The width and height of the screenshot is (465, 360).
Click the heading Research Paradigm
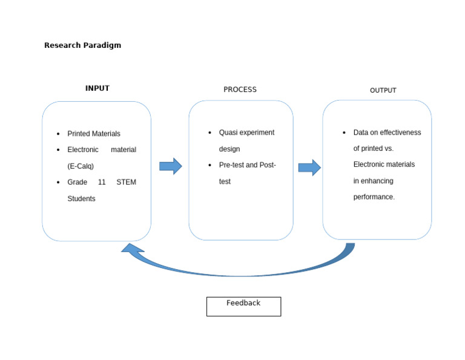click(82, 45)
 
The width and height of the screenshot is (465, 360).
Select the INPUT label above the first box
click(97, 88)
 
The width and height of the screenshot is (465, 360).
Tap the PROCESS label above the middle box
click(240, 90)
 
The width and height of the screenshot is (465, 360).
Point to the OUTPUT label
click(383, 90)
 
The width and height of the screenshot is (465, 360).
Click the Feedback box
click(243, 306)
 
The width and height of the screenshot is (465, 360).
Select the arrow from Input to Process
click(171, 166)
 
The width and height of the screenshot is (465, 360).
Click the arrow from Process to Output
click(309, 167)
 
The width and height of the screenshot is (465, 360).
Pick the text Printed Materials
click(94, 134)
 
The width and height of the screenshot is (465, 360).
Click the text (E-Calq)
click(81, 166)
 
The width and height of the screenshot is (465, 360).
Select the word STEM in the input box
click(126, 182)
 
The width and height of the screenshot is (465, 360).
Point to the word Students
click(81, 199)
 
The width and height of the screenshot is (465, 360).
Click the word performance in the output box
click(374, 197)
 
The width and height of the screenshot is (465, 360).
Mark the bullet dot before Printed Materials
click(58, 134)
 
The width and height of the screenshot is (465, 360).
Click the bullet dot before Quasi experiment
click(210, 133)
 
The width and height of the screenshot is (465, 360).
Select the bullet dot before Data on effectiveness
click(344, 133)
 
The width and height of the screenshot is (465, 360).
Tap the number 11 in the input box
click(102, 182)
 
